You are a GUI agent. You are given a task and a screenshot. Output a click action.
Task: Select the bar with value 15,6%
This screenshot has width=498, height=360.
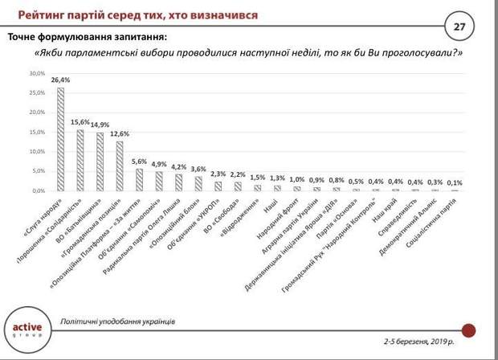pos(80,160)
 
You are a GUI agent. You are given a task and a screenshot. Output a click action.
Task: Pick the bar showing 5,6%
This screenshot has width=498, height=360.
pos(139,180)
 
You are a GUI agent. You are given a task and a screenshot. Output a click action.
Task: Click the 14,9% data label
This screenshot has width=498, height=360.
pos(100,125)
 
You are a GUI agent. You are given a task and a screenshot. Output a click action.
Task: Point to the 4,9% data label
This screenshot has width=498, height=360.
pos(158,164)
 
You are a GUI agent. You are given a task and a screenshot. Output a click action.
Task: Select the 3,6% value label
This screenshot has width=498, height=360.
pos(198,169)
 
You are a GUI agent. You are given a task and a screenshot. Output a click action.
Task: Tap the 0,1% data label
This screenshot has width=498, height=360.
pos(455,183)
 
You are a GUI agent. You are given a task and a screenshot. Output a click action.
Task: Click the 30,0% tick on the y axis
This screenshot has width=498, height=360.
pos(37,73)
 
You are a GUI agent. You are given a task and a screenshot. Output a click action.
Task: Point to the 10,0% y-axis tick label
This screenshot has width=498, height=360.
pos(37,152)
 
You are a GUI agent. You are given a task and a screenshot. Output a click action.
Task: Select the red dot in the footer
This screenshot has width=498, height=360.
pos(470,329)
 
